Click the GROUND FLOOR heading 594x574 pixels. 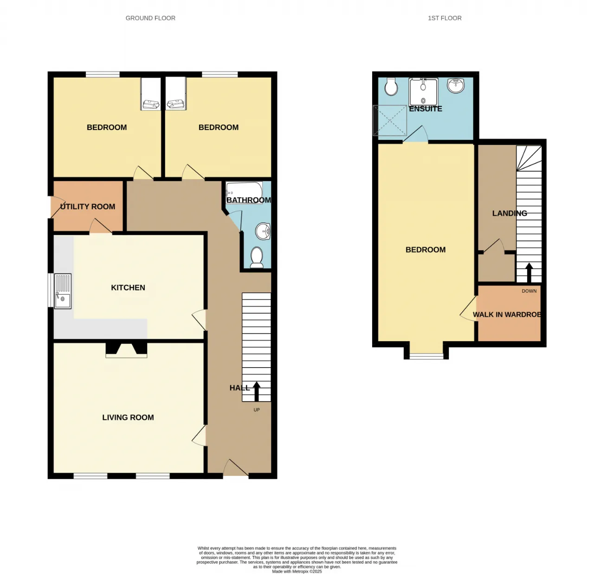[150, 18]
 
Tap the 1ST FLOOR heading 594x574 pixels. [445, 18]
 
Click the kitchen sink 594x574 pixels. [63, 291]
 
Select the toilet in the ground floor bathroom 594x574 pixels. [257, 257]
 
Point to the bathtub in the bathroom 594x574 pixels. [244, 192]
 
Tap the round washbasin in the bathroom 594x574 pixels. [263, 231]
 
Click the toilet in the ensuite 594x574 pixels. [391, 86]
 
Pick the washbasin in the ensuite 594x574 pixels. [456, 85]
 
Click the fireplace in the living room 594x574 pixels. [126, 350]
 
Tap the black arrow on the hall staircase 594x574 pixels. [257, 391]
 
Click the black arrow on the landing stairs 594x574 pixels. [529, 273]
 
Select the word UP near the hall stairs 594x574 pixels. [257, 409]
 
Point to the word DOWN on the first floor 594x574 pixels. [529, 291]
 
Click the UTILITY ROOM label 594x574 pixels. [88, 207]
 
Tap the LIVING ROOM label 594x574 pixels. [128, 417]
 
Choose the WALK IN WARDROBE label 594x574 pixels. [507, 315]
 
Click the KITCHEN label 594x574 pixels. [128, 288]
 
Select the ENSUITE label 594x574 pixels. [426, 109]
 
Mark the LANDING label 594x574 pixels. [510, 213]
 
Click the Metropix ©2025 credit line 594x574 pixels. [297, 571]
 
